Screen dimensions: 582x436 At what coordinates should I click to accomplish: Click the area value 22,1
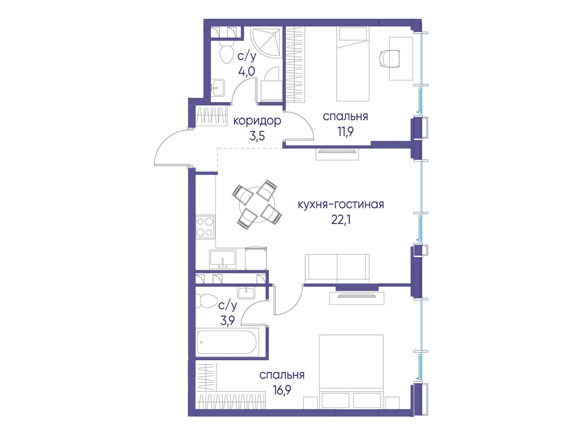[x=341, y=220]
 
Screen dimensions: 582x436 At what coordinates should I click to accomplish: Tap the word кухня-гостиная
[x=341, y=204]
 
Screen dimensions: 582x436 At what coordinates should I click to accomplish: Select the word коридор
[x=257, y=121]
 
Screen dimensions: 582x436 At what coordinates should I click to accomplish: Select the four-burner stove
[x=205, y=226]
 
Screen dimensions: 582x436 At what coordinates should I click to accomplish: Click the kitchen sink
[x=223, y=258]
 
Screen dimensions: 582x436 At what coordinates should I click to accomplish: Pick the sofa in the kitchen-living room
[x=337, y=268]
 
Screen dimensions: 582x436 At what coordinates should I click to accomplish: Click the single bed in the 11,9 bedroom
[x=352, y=64]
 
